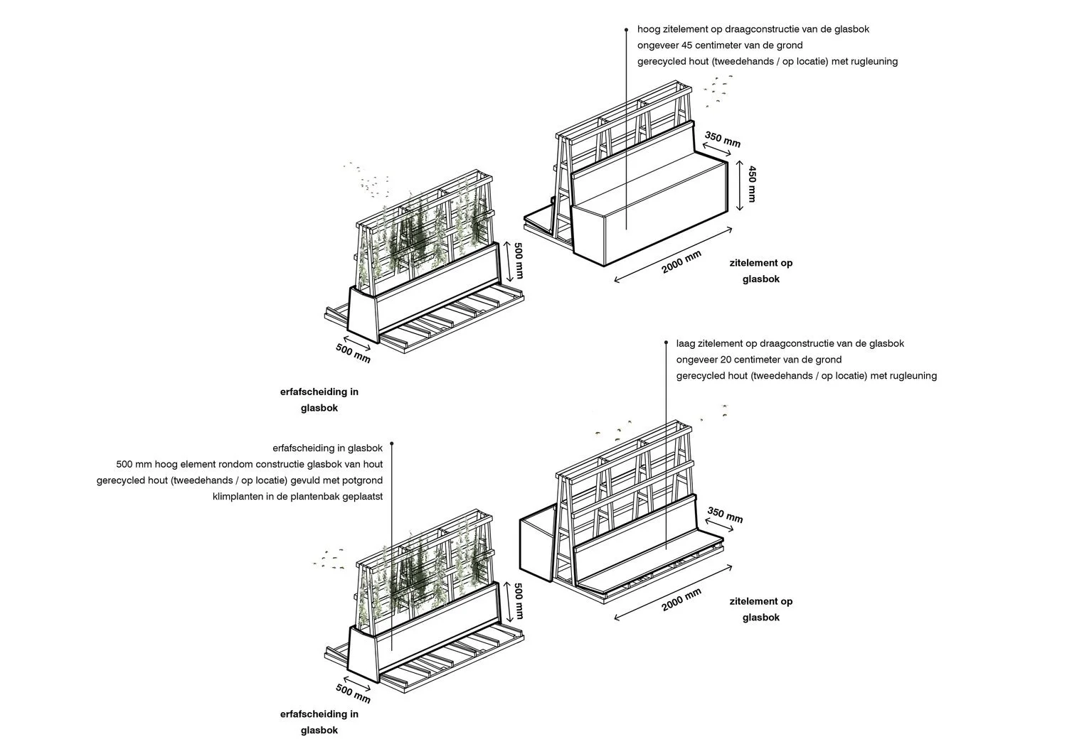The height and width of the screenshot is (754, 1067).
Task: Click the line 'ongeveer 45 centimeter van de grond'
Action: [720, 45]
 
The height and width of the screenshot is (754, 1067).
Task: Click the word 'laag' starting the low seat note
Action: [686, 344]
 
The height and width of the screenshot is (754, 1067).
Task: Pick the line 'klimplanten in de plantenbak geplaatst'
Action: [297, 496]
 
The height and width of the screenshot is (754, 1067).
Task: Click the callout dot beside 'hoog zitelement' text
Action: [626, 30]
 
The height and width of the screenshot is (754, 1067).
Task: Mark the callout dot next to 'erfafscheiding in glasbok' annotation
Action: [392, 444]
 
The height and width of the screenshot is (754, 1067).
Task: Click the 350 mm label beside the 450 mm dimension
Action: [723, 139]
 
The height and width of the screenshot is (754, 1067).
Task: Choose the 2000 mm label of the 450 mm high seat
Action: [681, 262]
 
